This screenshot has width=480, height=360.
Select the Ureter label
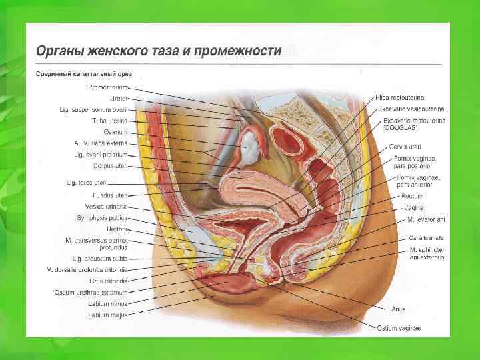pos(118,99)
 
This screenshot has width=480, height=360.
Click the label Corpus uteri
pos(110,165)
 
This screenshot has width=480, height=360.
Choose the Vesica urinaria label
pos(109,206)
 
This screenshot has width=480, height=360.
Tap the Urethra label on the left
pos(117,228)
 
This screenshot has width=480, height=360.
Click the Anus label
pos(399,309)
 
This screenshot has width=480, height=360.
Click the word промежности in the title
pos(240,51)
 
